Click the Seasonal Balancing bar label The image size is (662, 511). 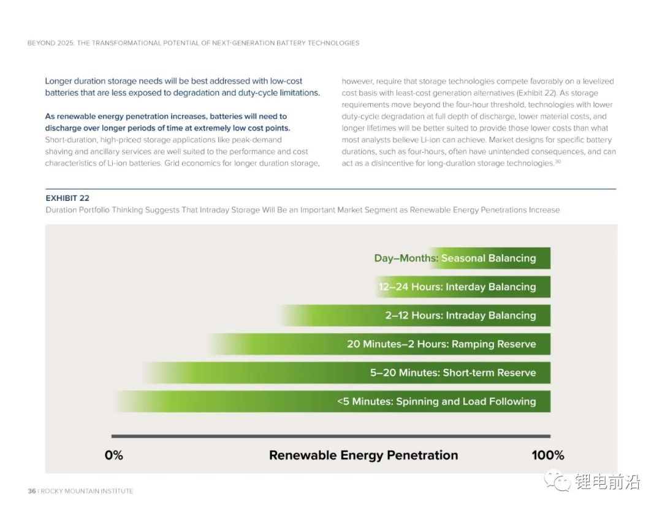[455, 259]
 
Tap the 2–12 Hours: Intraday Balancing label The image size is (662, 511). [460, 316]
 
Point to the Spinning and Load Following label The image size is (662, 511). [436, 401]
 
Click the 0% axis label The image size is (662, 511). [114, 455]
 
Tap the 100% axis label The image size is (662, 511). [547, 455]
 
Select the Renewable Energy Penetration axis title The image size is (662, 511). [363, 455]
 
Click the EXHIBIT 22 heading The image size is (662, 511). [67, 198]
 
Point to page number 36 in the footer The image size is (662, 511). [32, 491]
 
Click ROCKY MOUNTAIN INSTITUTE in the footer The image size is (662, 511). [87, 491]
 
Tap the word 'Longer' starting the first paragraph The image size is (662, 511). [58, 81]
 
